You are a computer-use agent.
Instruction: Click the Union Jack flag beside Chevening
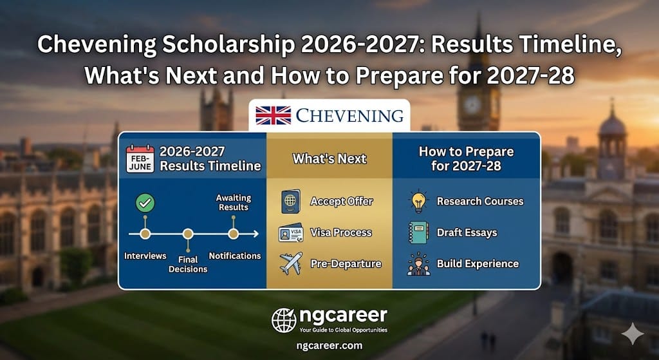(x=273, y=116)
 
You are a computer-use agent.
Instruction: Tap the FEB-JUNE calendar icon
(x=140, y=158)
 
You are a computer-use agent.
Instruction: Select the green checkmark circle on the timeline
(x=145, y=203)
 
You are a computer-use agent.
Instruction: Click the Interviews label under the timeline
(x=145, y=256)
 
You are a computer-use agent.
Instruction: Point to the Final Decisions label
(x=188, y=264)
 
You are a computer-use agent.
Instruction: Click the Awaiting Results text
(x=234, y=203)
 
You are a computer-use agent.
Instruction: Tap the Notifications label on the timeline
(x=235, y=256)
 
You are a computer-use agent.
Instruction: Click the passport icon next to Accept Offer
(x=290, y=202)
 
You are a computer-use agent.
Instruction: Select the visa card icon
(x=290, y=232)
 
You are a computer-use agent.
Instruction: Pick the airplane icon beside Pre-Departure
(x=290, y=263)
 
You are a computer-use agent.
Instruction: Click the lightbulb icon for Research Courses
(x=418, y=201)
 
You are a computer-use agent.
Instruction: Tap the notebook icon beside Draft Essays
(x=418, y=232)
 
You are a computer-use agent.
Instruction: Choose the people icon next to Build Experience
(x=418, y=263)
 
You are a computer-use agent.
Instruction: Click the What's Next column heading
(x=329, y=158)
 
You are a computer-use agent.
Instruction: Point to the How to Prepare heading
(x=466, y=158)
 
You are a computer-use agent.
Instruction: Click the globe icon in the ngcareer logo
(x=284, y=319)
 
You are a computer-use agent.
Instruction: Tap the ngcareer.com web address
(x=329, y=346)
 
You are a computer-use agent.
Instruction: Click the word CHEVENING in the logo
(x=349, y=116)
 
